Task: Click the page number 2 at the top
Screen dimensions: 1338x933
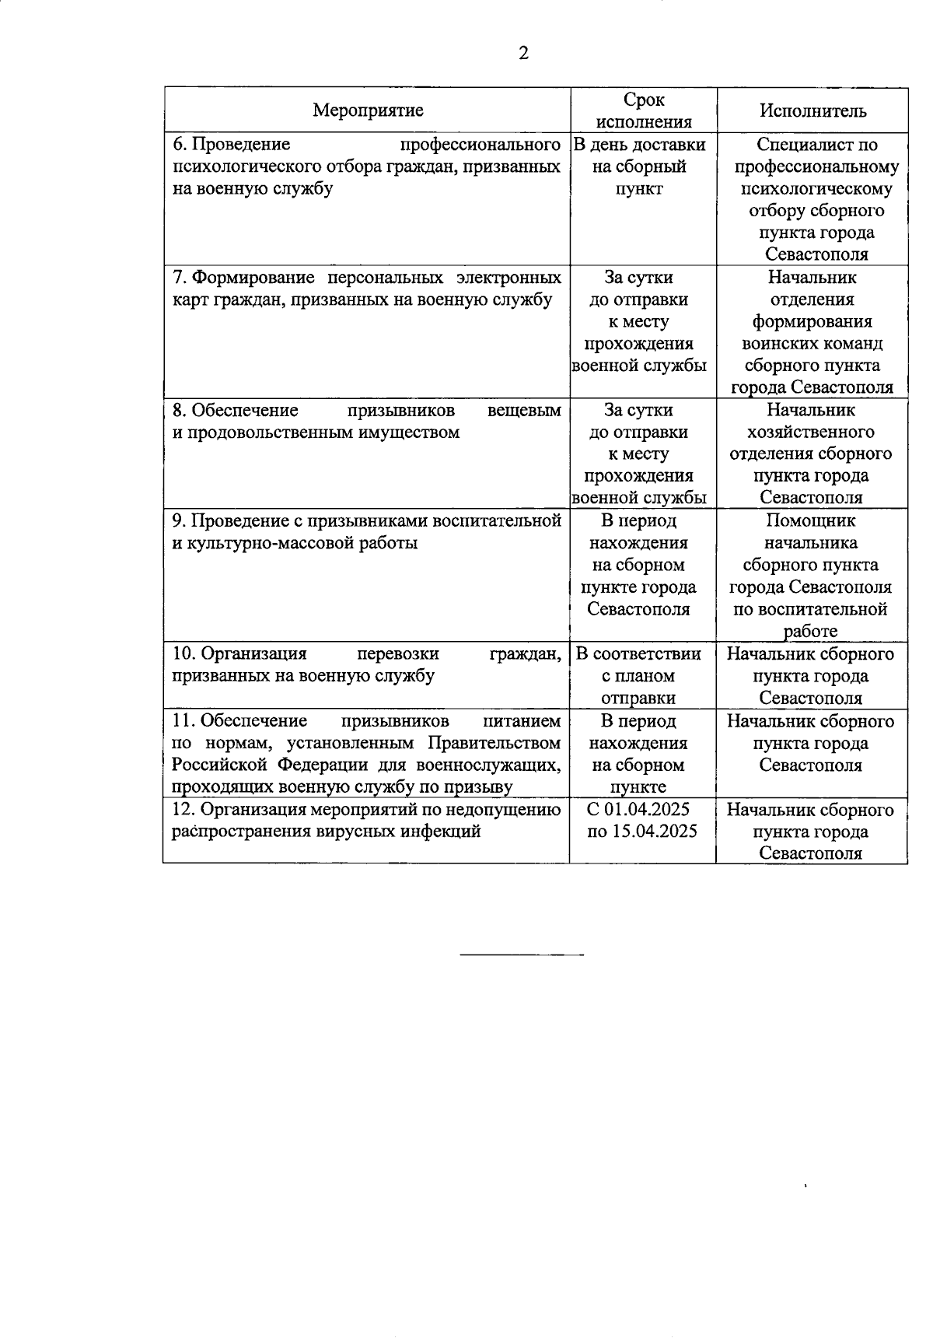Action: point(523,54)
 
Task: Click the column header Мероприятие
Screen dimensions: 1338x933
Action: point(368,110)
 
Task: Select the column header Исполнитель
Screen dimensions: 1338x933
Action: point(812,110)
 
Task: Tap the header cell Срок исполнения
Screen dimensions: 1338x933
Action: point(645,110)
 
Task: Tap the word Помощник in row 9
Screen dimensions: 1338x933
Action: point(810,520)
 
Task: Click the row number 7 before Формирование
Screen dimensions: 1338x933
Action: point(177,278)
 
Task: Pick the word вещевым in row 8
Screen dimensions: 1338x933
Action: point(524,410)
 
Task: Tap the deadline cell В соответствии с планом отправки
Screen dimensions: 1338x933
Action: point(638,675)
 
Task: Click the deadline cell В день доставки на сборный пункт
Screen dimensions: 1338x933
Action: point(639,166)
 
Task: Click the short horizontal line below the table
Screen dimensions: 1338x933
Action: point(522,954)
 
